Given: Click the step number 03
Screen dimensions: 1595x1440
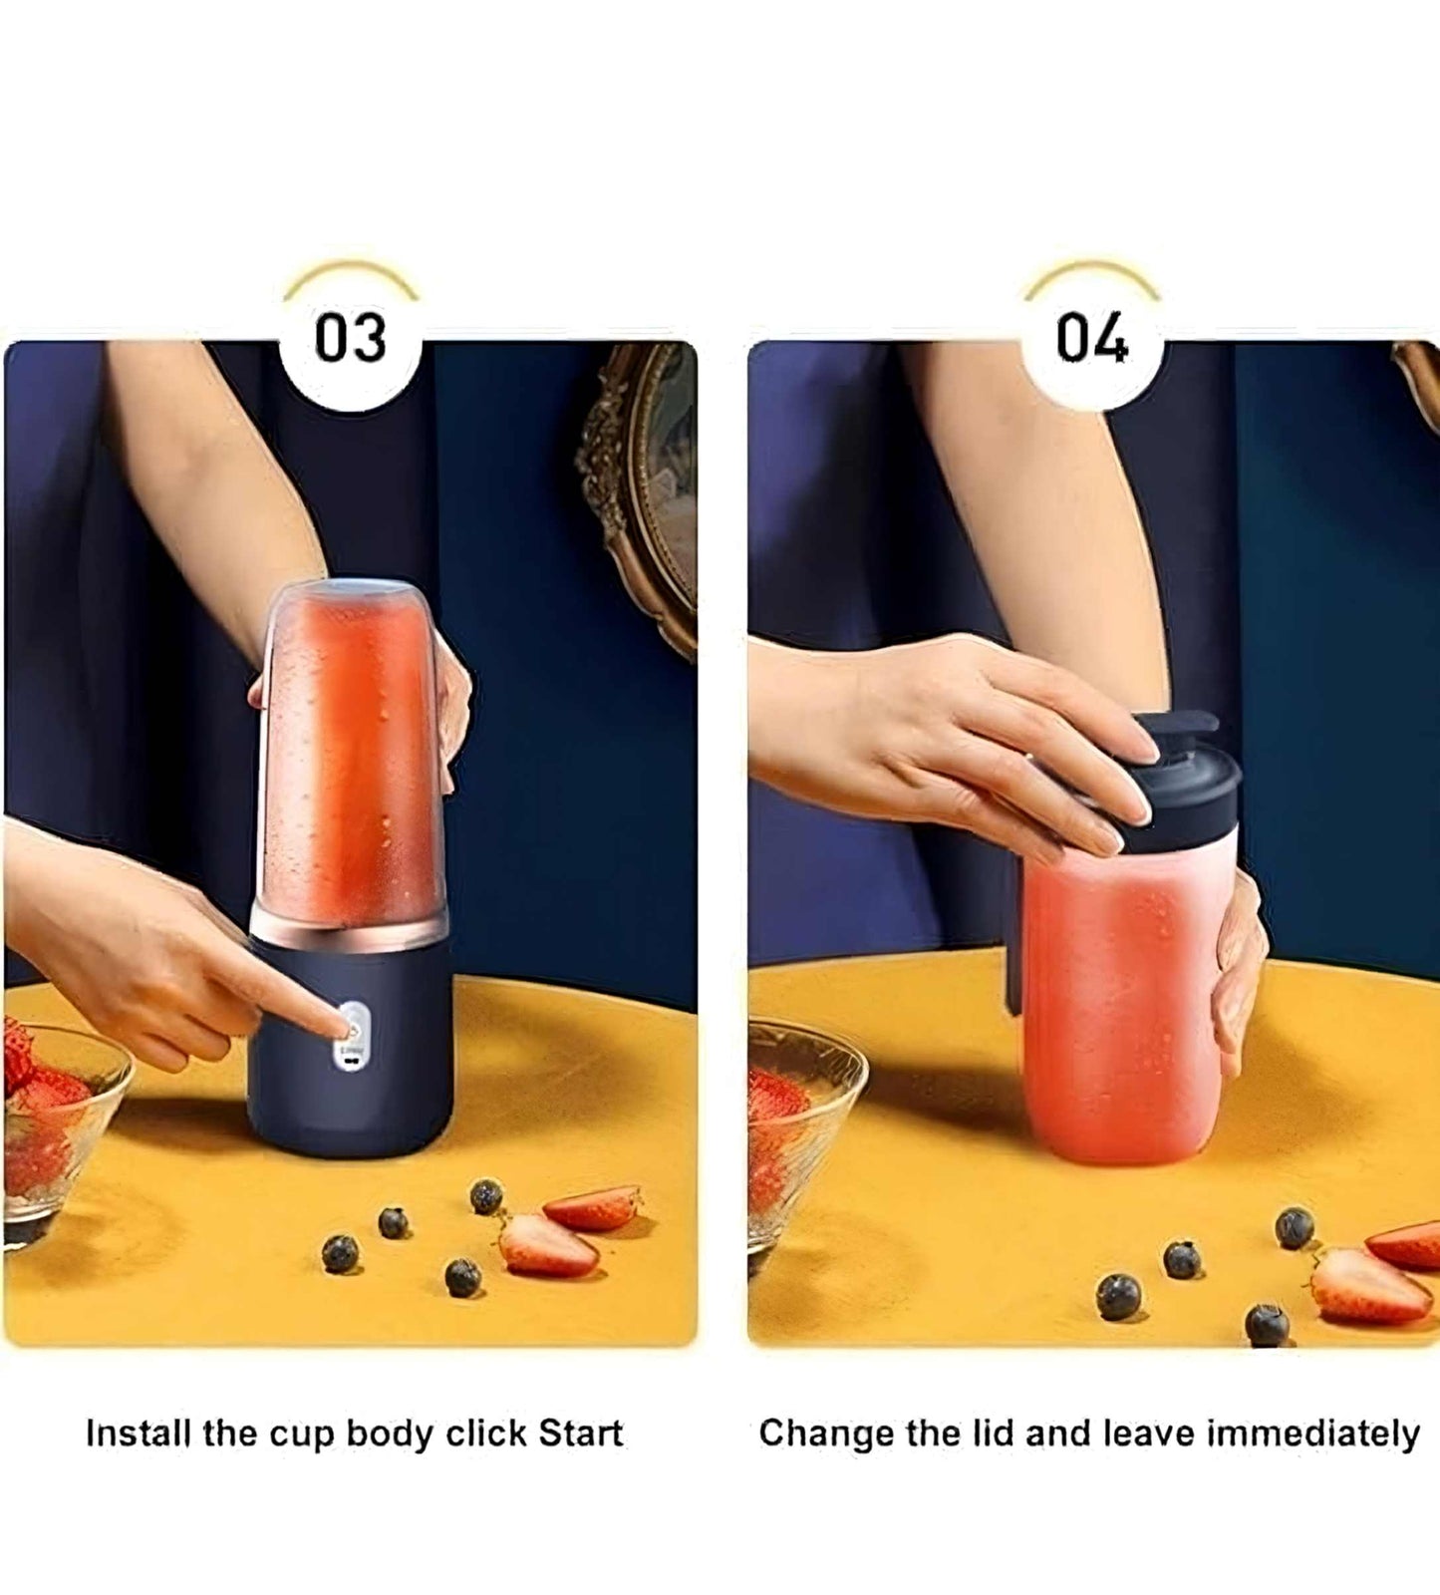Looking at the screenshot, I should [350, 338].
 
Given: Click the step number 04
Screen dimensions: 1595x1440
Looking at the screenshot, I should [1092, 338].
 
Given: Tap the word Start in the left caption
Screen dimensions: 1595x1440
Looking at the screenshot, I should [580, 1434].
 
